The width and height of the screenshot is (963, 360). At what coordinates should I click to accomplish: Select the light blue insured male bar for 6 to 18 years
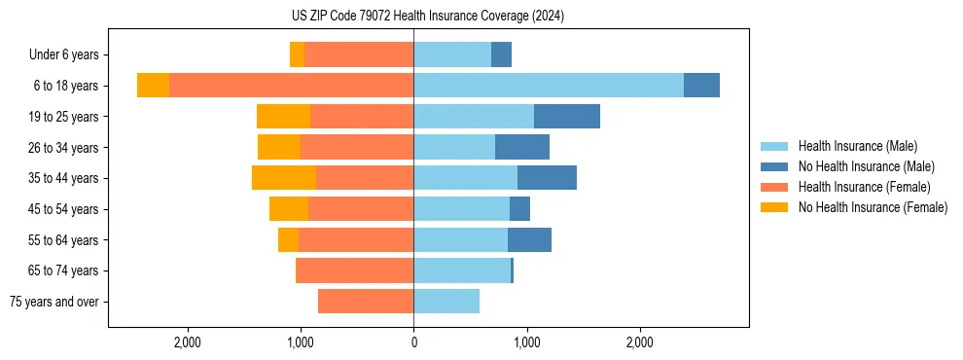point(549,86)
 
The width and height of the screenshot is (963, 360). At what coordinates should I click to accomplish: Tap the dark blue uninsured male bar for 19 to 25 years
point(567,117)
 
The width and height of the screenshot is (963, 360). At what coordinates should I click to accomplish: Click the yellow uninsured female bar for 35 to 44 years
point(284,178)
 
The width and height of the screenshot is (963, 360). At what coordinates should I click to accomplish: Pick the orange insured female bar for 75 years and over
point(366,302)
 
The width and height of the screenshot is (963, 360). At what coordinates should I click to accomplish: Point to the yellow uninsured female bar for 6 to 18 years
point(153,86)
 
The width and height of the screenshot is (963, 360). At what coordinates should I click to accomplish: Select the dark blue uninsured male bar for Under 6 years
point(501,54)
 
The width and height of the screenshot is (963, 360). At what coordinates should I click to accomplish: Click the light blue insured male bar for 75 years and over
point(446,302)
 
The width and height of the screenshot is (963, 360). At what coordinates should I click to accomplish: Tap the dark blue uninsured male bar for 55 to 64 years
point(529,240)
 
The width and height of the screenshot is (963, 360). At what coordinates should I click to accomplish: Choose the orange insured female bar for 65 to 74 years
point(355,270)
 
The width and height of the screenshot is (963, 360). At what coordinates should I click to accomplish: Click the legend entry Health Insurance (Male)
point(857,146)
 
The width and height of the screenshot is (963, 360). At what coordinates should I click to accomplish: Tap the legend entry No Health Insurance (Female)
point(873,207)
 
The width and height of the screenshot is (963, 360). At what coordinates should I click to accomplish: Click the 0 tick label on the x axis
point(413,342)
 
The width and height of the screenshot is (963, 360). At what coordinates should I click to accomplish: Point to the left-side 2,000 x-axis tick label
point(187,342)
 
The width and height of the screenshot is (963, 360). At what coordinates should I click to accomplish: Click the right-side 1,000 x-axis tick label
point(526,342)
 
